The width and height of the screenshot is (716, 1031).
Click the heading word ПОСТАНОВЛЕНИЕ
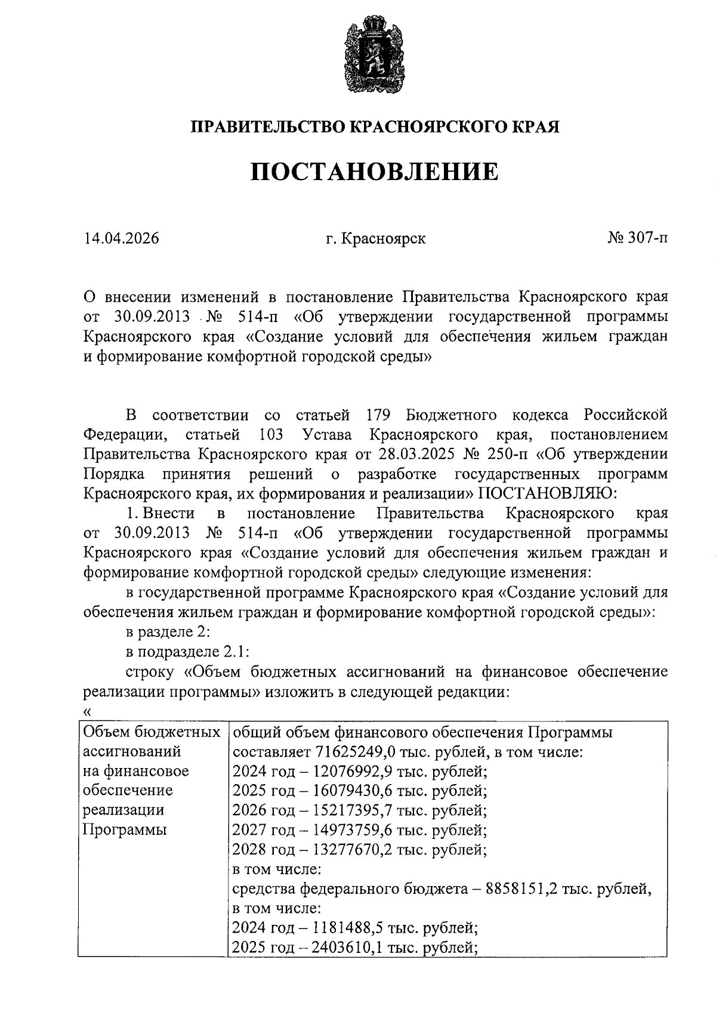(x=374, y=172)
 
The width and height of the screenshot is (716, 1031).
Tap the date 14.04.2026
(x=122, y=239)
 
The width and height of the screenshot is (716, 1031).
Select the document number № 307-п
(x=637, y=239)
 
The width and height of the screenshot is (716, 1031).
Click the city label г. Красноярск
(x=376, y=239)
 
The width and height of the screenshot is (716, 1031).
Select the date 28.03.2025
(x=416, y=454)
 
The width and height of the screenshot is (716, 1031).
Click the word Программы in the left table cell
(x=124, y=830)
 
